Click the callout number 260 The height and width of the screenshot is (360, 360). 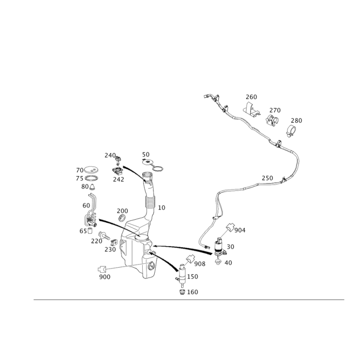coord(251,97)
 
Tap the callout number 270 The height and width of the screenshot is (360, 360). coord(274,110)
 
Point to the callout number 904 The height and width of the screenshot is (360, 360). coord(240,230)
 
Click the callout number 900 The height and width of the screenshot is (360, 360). coord(104,276)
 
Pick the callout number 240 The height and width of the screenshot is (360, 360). coord(110,155)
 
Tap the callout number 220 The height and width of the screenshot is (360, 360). coord(96,241)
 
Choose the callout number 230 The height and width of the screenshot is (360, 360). coord(110,249)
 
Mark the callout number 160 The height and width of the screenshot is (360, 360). coord(193,292)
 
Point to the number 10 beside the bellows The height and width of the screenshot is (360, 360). coord(162,207)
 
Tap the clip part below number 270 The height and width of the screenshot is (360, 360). coord(271,120)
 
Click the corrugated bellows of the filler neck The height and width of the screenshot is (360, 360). coord(150,198)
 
